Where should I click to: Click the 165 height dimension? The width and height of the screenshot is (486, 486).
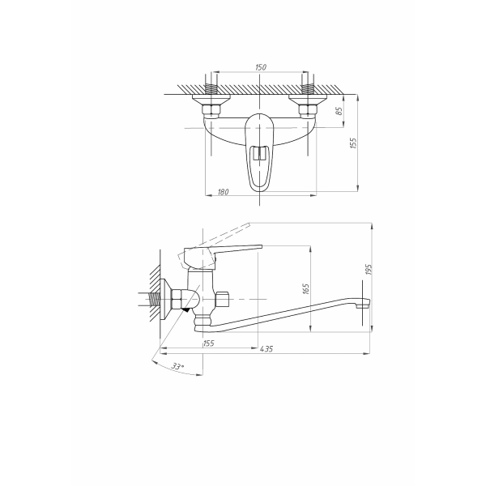pos(305,288)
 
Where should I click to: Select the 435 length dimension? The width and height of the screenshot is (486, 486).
pos(266,348)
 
